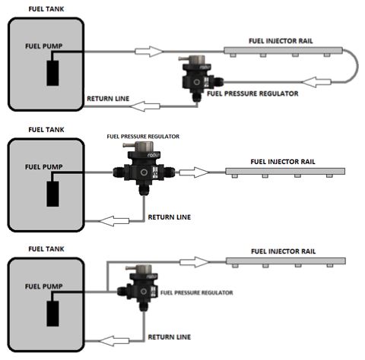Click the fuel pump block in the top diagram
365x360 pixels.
click(52, 73)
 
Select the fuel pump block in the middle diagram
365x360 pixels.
click(52, 194)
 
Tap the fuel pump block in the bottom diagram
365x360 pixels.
click(52, 314)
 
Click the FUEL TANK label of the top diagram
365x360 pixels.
click(46, 9)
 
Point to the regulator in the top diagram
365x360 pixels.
click(200, 78)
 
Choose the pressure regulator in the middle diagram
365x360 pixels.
click(144, 168)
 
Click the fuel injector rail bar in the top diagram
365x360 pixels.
click(283, 51)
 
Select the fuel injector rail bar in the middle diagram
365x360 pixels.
click(285, 172)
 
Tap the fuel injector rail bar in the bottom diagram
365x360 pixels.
click(286, 261)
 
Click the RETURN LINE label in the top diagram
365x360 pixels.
click(108, 99)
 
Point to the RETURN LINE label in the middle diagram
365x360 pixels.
click(170, 217)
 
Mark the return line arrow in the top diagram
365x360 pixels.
click(144, 106)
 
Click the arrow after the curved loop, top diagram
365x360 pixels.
click(316, 82)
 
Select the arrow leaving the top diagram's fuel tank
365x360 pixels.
click(149, 52)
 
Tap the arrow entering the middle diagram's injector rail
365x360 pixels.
click(195, 172)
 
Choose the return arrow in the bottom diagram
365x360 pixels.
click(113, 341)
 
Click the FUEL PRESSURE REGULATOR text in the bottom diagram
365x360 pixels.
click(197, 292)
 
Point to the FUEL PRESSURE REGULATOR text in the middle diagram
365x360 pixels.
click(143, 137)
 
